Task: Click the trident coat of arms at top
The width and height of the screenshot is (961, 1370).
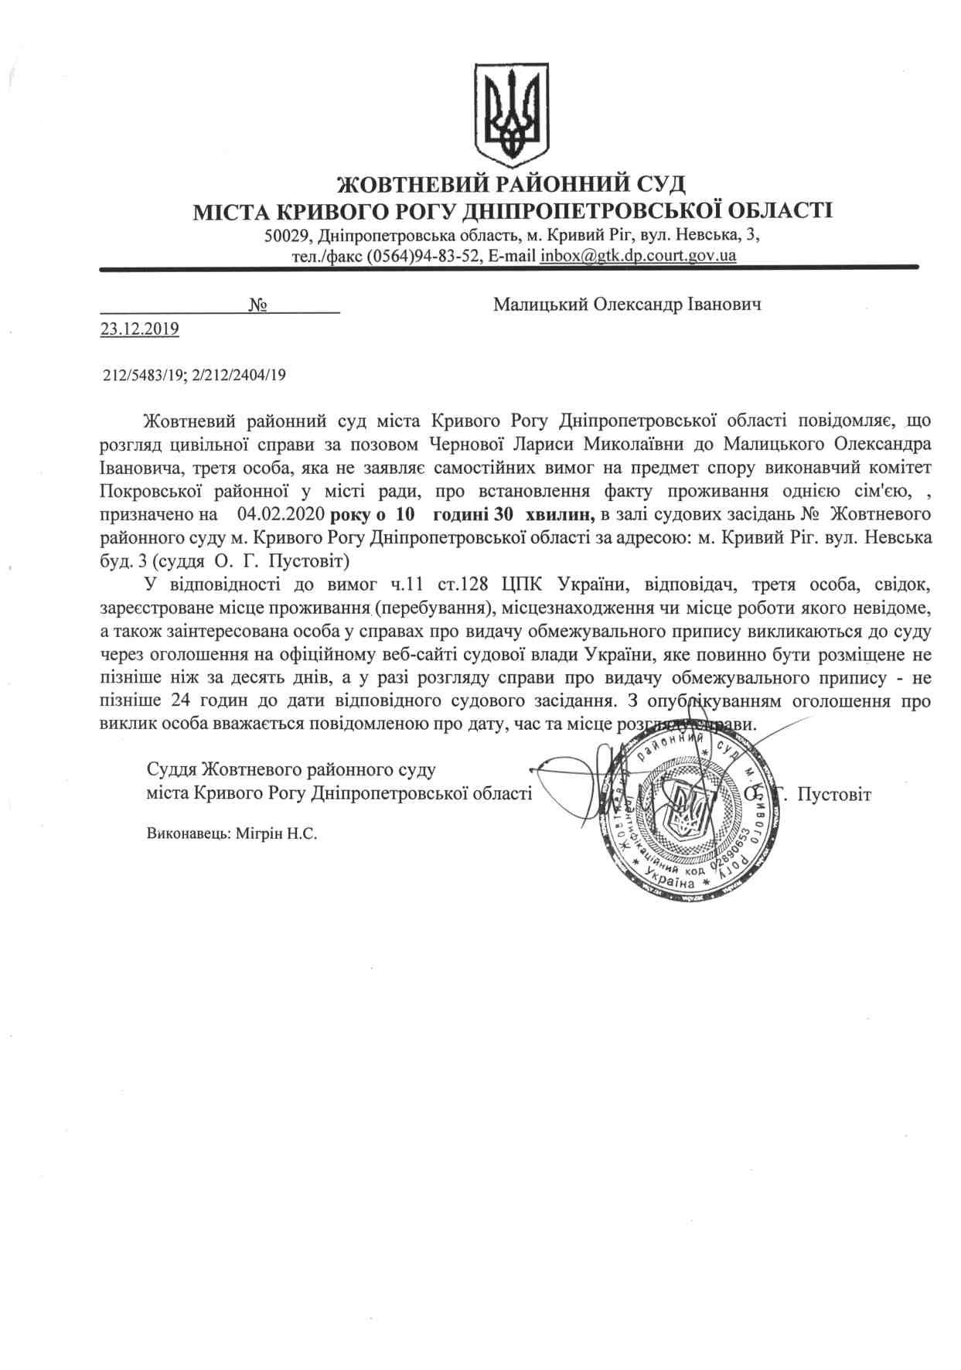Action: tap(511, 111)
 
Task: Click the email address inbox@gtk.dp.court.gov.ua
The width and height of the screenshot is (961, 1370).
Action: tap(637, 255)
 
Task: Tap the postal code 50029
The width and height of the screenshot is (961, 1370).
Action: tap(286, 234)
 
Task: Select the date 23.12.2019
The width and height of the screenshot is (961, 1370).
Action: tap(140, 329)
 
